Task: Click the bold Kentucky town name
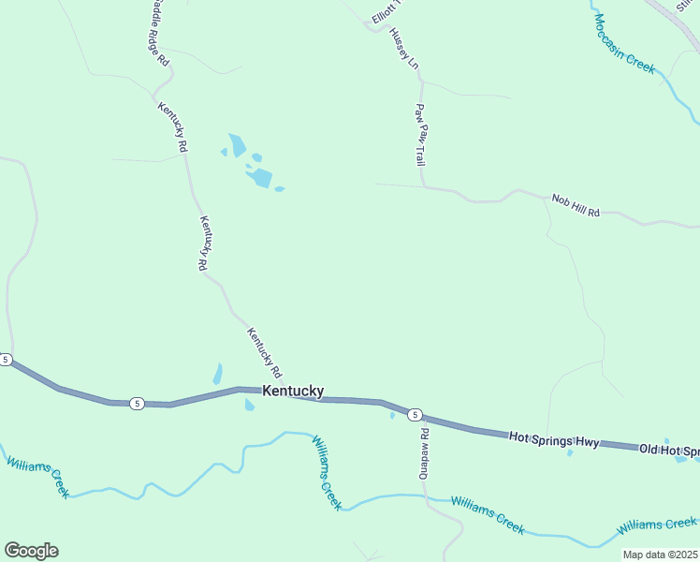tap(293, 391)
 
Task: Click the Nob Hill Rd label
tap(576, 205)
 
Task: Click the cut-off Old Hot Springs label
tap(669, 451)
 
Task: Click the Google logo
tap(31, 551)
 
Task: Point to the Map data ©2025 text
tap(659, 555)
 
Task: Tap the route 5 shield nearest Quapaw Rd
tap(416, 414)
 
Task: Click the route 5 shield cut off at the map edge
tap(6, 360)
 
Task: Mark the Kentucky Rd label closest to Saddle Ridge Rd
tap(173, 127)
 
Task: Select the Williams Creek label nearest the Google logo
tap(37, 476)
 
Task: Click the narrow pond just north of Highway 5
tap(218, 374)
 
